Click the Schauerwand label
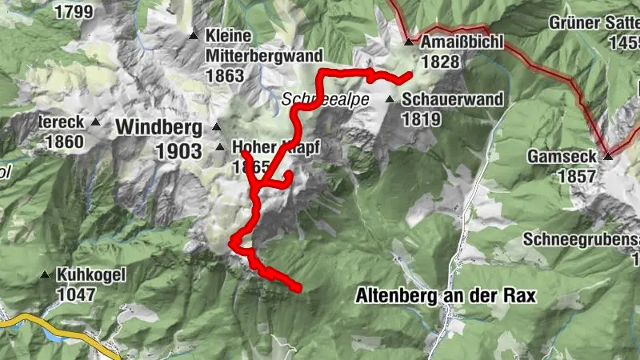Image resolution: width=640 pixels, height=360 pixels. (452, 100)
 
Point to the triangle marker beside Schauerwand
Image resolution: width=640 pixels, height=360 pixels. (390, 99)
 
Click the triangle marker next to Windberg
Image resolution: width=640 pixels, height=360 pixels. (215, 126)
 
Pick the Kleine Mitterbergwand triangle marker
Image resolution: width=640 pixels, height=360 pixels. (192, 36)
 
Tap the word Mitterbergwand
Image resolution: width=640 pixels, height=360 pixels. (264, 56)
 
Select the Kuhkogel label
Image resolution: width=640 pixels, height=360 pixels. (92, 274)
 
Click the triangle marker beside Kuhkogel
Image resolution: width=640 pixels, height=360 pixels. (45, 274)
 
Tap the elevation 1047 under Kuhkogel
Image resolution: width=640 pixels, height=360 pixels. (76, 294)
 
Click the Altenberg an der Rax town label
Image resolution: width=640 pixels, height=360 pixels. (445, 295)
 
